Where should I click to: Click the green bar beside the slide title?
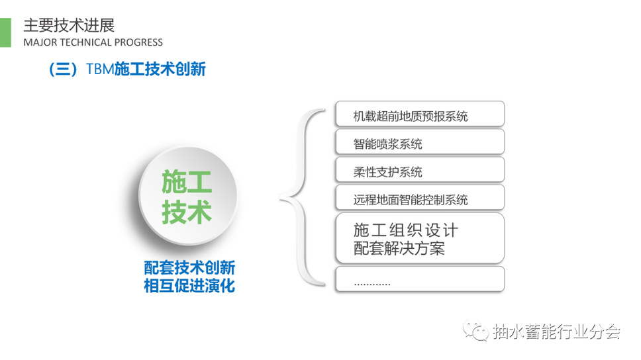tap(5, 32)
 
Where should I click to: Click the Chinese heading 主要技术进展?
tap(69, 25)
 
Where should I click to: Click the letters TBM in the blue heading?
tap(100, 69)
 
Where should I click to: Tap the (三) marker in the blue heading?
tap(63, 69)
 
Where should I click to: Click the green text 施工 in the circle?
tap(187, 182)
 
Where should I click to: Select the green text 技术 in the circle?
tap(187, 212)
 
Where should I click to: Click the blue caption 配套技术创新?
tap(189, 267)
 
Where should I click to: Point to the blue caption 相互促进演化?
tap(189, 285)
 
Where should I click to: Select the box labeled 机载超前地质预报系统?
tap(420, 114)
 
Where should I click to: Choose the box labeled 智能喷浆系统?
tap(420, 142)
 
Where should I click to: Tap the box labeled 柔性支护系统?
tap(420, 169)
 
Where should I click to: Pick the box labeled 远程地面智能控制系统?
tap(420, 197)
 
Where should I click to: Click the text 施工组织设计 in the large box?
tap(405, 230)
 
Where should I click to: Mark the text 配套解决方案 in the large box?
tap(399, 248)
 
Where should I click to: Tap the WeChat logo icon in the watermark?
tap(476, 330)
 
